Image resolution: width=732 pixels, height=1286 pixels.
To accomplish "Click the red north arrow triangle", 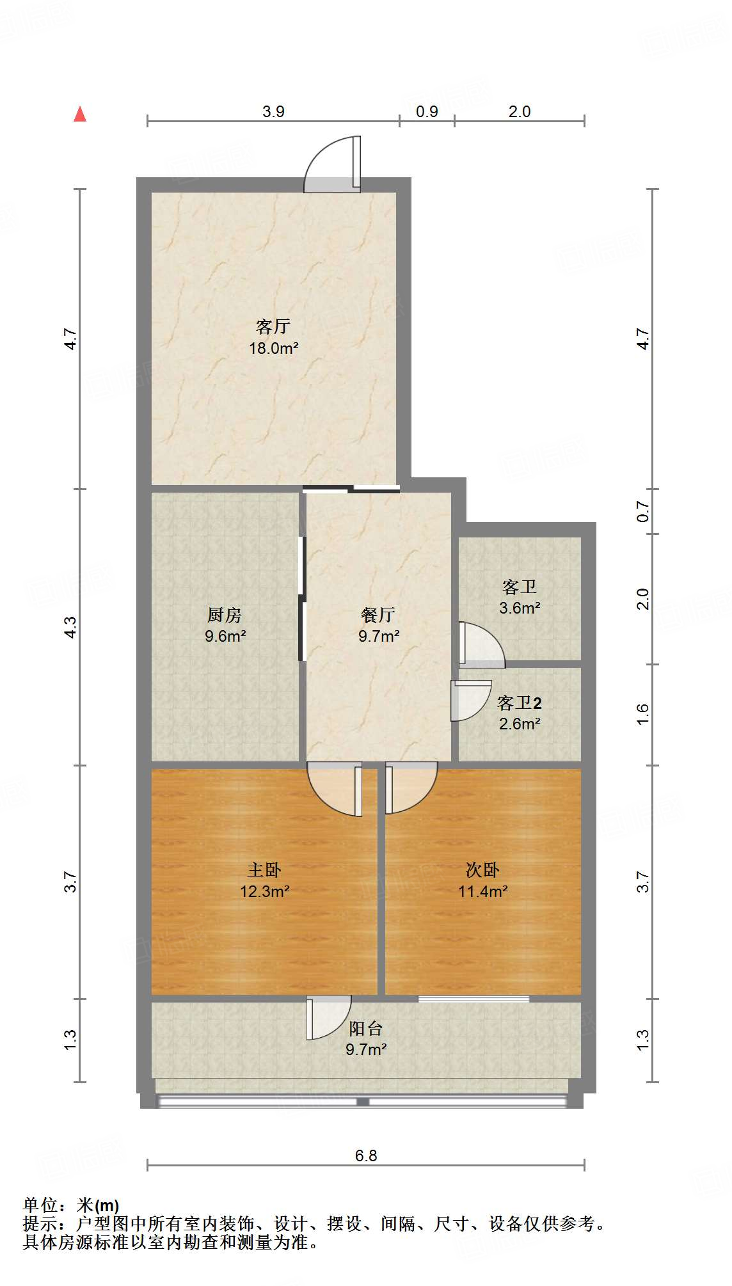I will tap(80, 115).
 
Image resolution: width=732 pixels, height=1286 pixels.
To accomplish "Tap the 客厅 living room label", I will tap(273, 327).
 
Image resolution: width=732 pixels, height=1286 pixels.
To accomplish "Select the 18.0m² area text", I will tap(273, 349).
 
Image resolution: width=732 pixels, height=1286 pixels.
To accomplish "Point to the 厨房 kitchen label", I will tap(225, 615).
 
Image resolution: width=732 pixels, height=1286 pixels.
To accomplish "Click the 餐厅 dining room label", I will tap(378, 615).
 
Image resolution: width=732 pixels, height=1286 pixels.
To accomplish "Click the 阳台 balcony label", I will tap(366, 1028).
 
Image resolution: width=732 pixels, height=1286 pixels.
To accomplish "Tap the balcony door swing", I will tap(328, 1017).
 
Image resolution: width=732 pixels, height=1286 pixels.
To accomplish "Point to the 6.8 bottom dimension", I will tap(366, 1155).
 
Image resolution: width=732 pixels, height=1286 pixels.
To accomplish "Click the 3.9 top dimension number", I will tap(273, 111).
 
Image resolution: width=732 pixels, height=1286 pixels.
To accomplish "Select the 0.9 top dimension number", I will tap(427, 111).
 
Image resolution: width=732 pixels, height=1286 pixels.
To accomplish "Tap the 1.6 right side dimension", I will tap(643, 714).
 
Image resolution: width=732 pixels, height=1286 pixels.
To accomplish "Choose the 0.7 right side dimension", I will tap(643, 512).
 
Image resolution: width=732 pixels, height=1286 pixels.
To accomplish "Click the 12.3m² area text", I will tap(265, 891).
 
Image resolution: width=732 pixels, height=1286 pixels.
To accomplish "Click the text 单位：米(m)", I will tap(71, 1205).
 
